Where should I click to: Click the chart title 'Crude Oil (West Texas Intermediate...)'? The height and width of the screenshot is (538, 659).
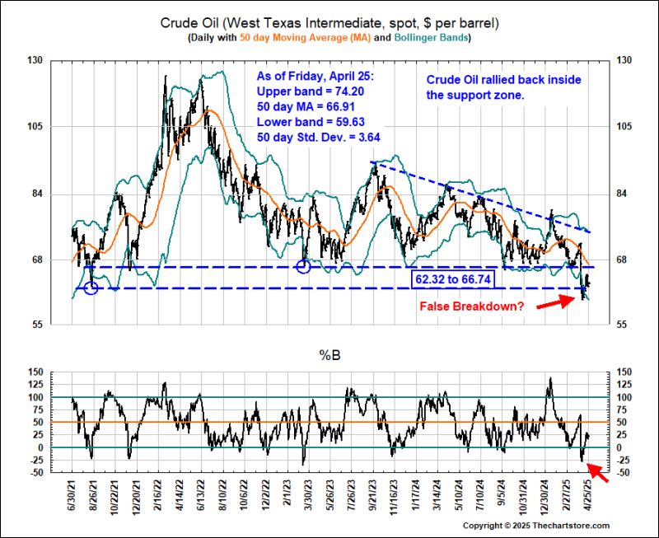[x=329, y=21]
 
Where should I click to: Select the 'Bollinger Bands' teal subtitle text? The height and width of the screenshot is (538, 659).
[x=430, y=38]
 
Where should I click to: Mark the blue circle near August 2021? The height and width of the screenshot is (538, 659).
[x=91, y=288]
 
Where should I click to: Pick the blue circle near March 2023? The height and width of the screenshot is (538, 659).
[x=303, y=266]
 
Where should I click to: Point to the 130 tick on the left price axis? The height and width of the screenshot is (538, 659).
[x=37, y=60]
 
